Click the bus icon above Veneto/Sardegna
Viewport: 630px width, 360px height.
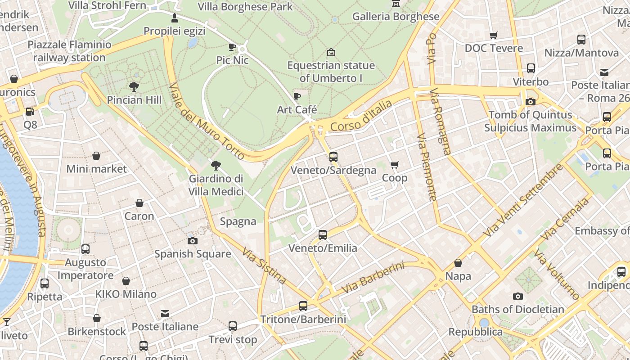point(333,157)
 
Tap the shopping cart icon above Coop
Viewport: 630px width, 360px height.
point(395,165)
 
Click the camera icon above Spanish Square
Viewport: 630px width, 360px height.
point(193,241)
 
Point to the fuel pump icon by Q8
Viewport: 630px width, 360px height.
point(30,111)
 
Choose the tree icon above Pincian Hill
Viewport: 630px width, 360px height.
point(134,86)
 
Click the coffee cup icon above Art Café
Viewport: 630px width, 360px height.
point(297,96)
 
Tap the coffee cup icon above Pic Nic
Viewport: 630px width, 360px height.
point(232,47)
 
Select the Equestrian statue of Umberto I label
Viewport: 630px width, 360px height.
point(331,72)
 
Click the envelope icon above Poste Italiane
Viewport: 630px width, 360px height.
point(165,314)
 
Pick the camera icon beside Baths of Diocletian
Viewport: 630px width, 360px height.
point(518,296)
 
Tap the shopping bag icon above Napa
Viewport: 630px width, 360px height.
point(458,263)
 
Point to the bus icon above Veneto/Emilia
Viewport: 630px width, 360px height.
point(323,234)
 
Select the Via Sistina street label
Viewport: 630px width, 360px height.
point(264,265)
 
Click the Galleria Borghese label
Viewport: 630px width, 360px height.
point(396,17)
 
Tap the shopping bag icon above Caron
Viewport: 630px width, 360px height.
point(139,203)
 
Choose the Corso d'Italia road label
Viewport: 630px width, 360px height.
point(361,116)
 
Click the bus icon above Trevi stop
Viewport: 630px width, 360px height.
point(233,326)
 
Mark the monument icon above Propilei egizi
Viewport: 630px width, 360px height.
point(175,18)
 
